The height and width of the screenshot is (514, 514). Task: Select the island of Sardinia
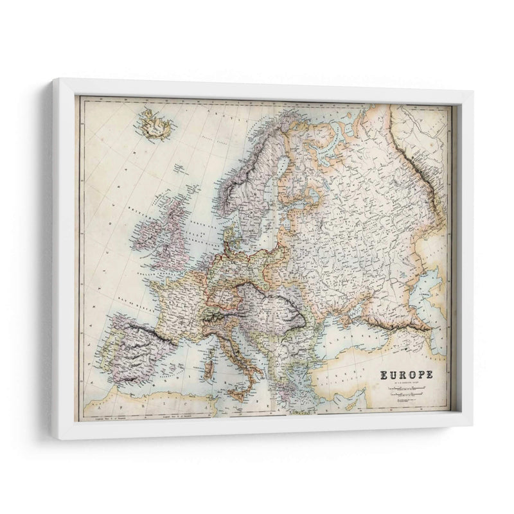pyautogui.click(x=209, y=371)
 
